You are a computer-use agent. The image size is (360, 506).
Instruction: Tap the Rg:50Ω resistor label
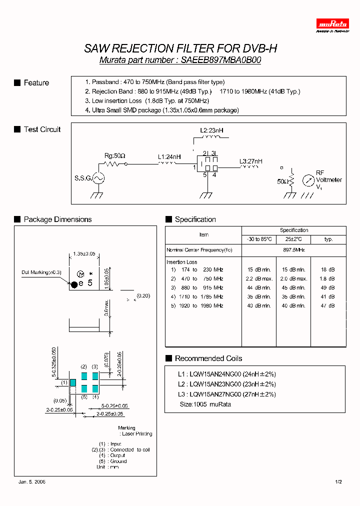pos(114,155)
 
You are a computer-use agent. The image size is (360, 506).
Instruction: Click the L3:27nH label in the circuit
pos(250,161)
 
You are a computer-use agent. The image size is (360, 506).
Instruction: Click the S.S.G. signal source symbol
pos(97,178)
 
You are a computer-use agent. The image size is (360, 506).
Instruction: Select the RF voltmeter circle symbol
pos(308,179)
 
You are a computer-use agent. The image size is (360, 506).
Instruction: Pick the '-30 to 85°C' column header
pos(258,239)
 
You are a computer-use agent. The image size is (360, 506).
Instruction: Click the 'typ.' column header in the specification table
pos(328,239)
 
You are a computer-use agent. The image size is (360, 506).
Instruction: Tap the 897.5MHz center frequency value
pos(294,249)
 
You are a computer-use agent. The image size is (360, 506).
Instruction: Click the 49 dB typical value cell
pos(328,287)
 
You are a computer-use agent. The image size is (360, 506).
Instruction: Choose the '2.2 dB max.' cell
pos(258,278)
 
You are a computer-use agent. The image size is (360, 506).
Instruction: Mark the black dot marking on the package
pos(74,284)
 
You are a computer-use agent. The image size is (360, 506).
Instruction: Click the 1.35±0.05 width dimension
pos(84,254)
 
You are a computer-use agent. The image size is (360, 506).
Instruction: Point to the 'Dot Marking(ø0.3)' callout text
pos(41,272)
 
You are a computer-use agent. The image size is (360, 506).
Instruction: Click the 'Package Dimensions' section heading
pos(58,219)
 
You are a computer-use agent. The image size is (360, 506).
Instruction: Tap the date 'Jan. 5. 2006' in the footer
pos(32,482)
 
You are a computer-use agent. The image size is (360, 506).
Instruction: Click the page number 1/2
pos(338,482)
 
